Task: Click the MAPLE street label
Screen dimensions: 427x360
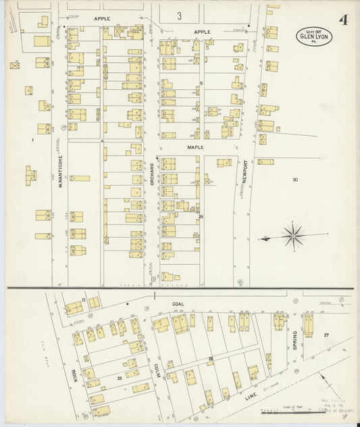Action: point(195,146)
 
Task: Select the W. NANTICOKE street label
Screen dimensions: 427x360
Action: point(60,171)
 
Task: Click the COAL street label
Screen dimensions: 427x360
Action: point(178,304)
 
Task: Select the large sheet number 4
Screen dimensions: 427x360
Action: point(344,20)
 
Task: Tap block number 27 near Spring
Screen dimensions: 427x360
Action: point(326,335)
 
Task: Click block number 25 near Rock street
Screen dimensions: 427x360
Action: point(119,378)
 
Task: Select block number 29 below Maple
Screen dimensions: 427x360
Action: point(201,216)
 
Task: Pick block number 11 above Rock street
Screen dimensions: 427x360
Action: point(83,299)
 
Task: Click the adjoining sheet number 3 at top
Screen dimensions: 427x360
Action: point(179,16)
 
